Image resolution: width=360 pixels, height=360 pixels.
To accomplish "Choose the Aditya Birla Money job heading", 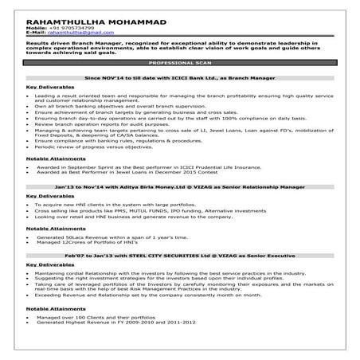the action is [179, 186].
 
